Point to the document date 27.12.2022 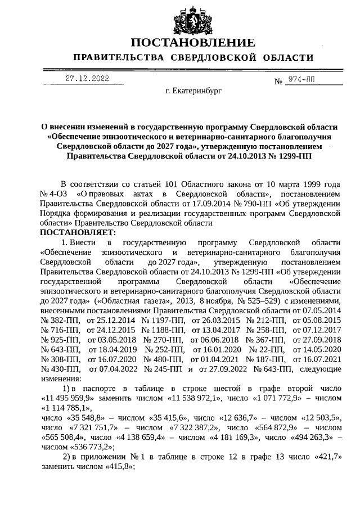(87, 79)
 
